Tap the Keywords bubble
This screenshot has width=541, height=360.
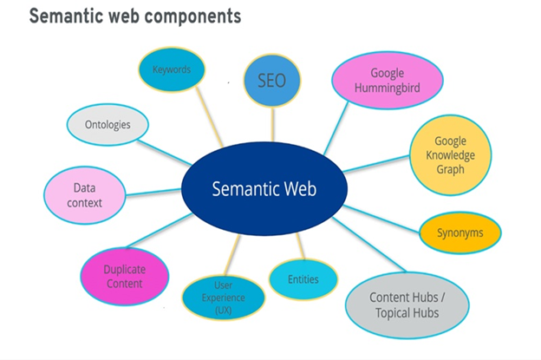(172, 69)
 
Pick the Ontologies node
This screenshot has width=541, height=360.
(108, 125)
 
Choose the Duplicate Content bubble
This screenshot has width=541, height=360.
(123, 275)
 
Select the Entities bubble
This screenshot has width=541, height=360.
(303, 279)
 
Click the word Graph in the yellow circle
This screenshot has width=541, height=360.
(451, 170)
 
